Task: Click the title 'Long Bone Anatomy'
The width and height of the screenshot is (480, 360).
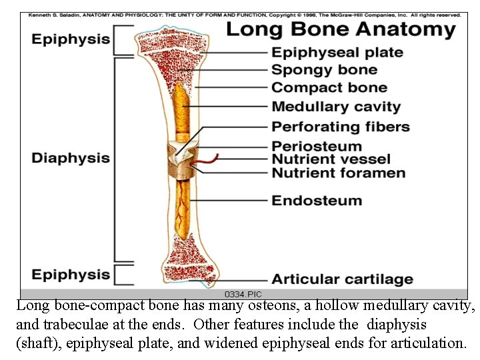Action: [341, 30]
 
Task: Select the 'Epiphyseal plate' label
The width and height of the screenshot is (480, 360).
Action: [337, 53]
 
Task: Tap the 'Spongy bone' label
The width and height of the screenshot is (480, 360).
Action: [324, 70]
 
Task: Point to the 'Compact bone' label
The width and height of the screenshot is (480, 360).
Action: [329, 88]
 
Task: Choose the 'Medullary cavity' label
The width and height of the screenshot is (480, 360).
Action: [336, 107]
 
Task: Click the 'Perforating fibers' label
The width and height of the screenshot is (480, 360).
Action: [341, 127]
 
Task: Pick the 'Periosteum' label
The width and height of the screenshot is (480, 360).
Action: [317, 146]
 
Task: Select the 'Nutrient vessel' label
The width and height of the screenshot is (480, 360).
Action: [331, 159]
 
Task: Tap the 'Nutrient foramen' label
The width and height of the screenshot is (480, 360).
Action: [338, 173]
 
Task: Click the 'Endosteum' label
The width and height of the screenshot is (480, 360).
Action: [317, 201]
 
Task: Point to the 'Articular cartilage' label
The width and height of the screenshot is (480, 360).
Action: [342, 280]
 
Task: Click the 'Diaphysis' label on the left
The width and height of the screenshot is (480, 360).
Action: [71, 158]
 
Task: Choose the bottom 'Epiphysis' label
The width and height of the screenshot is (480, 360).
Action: [71, 275]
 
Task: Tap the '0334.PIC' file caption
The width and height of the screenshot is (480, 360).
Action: [243, 294]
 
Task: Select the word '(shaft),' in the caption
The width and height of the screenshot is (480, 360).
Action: [39, 343]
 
